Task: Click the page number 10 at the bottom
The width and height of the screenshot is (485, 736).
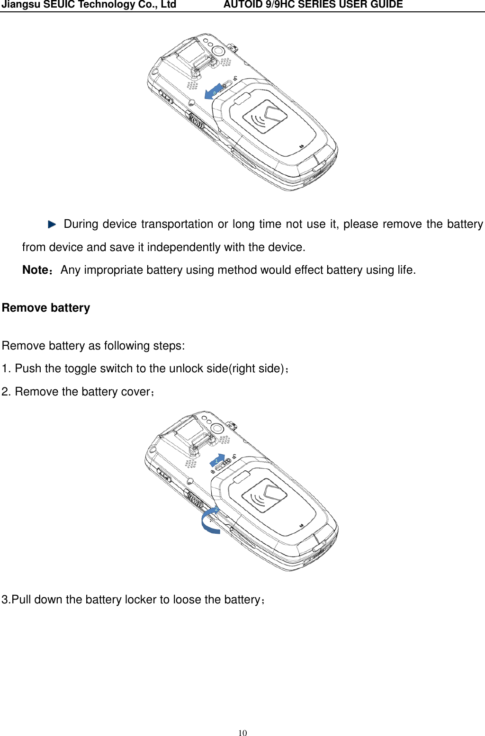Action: pyautogui.click(x=242, y=733)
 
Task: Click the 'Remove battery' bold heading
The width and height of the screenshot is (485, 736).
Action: pyautogui.click(x=46, y=308)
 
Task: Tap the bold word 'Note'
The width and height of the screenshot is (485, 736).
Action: pyautogui.click(x=35, y=270)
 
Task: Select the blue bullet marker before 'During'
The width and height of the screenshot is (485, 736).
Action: pyautogui.click(x=52, y=224)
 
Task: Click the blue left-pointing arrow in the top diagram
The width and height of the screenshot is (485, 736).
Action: pyautogui.click(x=212, y=93)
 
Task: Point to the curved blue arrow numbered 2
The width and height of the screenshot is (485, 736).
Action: pyautogui.click(x=210, y=521)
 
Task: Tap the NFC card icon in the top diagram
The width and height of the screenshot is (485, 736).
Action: pyautogui.click(x=265, y=117)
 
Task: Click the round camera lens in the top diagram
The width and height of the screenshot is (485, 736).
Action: pyautogui.click(x=218, y=50)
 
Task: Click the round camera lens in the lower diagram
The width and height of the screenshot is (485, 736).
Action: pyautogui.click(x=217, y=428)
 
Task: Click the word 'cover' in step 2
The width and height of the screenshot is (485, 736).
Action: pyautogui.click(x=135, y=392)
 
